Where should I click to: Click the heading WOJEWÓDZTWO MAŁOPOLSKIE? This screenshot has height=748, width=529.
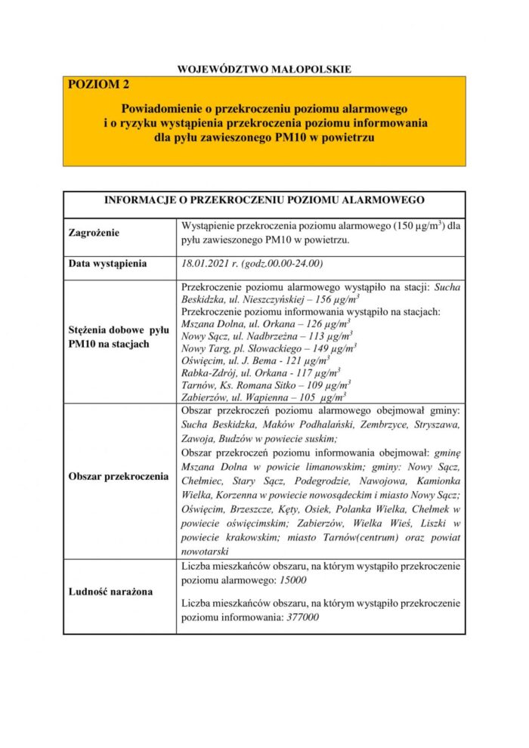[264, 69]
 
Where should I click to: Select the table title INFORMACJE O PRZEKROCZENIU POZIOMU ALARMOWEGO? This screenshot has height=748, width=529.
[264, 200]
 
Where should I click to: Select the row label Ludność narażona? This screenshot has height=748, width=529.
[110, 592]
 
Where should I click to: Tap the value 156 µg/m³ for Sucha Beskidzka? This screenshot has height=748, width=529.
[327, 299]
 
